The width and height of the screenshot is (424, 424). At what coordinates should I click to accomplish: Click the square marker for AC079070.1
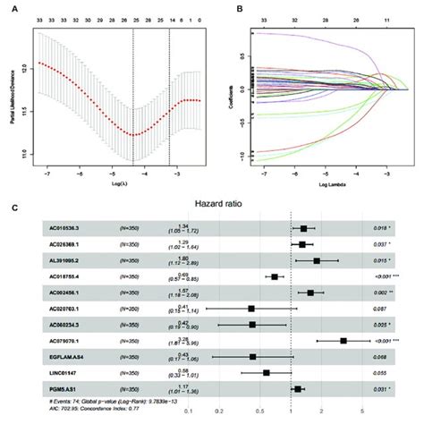click(343, 341)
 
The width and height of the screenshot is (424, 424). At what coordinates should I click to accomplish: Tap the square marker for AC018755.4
click(275, 276)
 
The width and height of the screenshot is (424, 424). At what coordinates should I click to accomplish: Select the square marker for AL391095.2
click(317, 261)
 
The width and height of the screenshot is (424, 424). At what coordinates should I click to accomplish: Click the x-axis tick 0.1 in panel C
click(189, 412)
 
